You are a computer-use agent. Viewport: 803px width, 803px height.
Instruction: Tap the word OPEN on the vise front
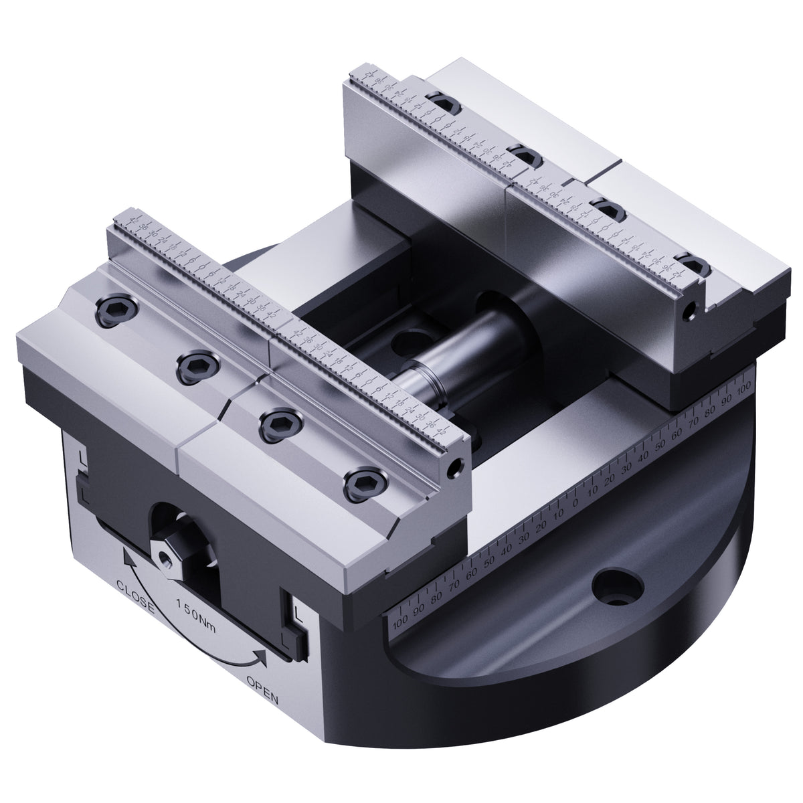pyautogui.click(x=263, y=701)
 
